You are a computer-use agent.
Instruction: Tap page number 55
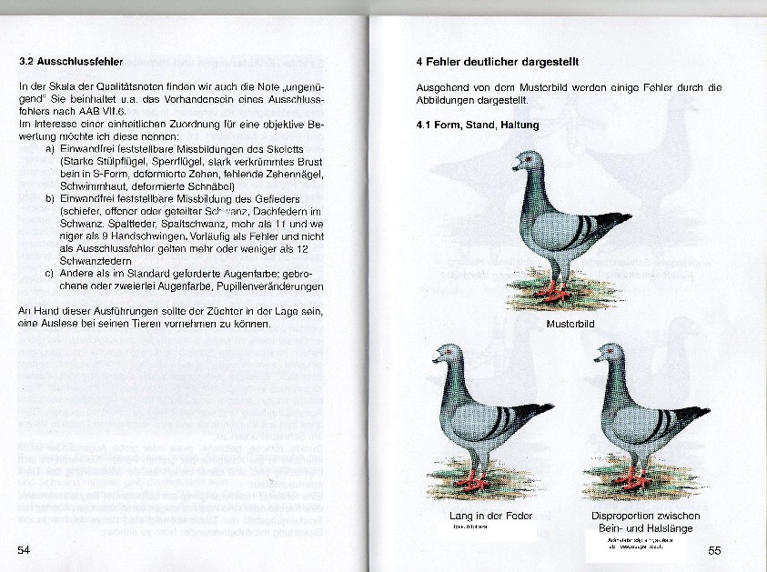[x=714, y=550]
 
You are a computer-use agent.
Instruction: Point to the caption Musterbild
[x=570, y=324]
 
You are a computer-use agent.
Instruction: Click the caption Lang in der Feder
[x=490, y=516]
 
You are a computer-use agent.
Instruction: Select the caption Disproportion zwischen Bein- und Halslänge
[x=645, y=521]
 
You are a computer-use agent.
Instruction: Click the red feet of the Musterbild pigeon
[x=552, y=292]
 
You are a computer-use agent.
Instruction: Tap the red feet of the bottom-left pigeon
[x=472, y=479]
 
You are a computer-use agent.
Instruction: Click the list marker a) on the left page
[x=49, y=147]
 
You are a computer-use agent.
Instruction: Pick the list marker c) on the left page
[x=49, y=272]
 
